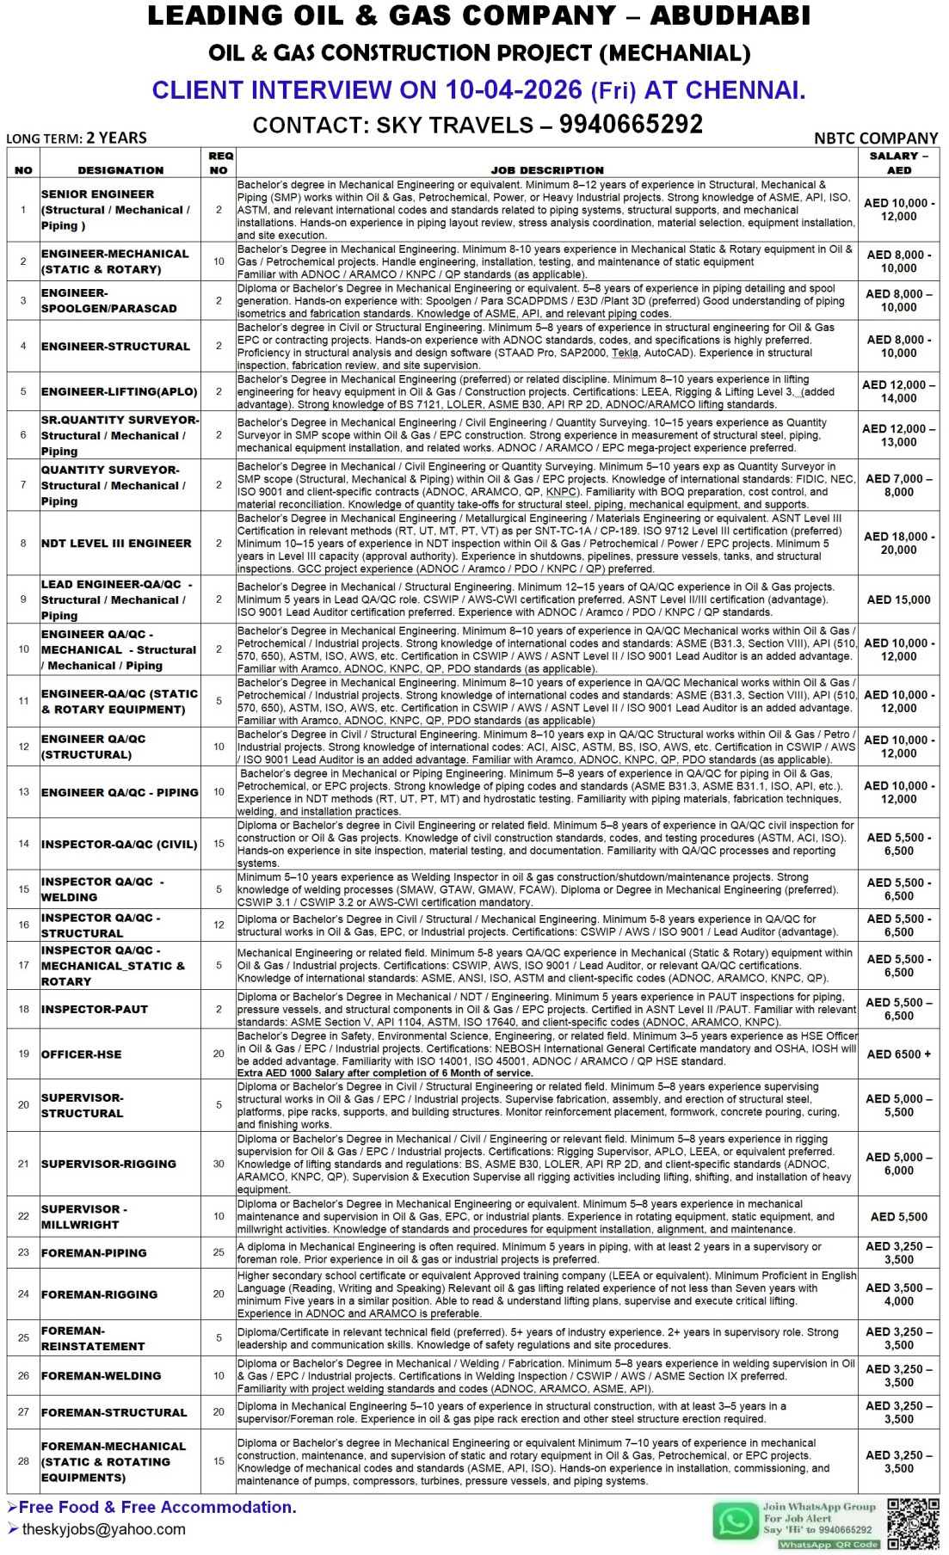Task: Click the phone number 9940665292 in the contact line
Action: tap(631, 125)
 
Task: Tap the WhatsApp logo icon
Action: tap(736, 1521)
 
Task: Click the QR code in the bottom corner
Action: tap(914, 1523)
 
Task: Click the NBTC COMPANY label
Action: tap(876, 138)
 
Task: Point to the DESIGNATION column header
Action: tap(120, 170)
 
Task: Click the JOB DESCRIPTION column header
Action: tap(547, 170)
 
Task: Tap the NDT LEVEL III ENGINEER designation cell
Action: tap(116, 544)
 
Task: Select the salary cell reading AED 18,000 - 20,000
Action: tap(899, 544)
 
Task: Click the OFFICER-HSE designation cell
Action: tap(82, 1054)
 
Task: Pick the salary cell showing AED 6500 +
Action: tap(899, 1054)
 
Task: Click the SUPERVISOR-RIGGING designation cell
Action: tap(108, 1164)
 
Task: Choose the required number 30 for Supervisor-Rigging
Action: tap(219, 1164)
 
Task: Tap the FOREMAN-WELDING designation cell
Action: tap(101, 1376)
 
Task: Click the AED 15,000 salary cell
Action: tap(899, 599)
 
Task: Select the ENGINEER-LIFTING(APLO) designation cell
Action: tap(119, 391)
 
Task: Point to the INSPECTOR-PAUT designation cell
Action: tap(95, 1009)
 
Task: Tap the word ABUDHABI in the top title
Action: tap(730, 15)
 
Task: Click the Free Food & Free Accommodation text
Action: tap(157, 1507)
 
